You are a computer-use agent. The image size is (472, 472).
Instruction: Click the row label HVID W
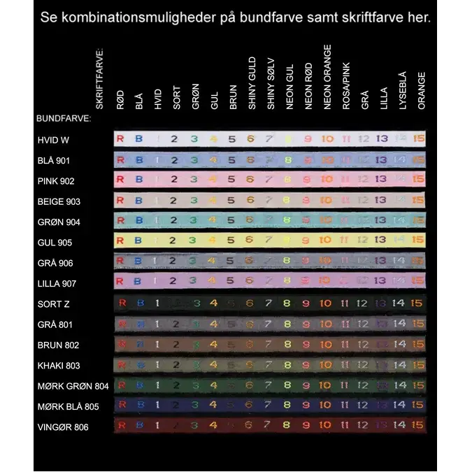53,140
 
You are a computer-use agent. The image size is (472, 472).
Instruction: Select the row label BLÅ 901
54,161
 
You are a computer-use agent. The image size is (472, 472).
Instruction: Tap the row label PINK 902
56,181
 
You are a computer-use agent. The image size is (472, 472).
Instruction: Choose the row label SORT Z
53,304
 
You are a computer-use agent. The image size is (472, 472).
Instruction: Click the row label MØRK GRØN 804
73,386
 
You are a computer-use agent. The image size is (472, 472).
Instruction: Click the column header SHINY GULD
252,83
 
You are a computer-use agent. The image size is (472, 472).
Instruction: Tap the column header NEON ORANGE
327,77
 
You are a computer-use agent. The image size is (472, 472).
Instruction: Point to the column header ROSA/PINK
346,87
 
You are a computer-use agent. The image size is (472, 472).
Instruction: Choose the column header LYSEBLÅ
402,90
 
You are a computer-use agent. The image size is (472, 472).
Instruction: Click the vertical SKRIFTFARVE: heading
99,78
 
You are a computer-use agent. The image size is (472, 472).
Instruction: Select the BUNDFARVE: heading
64,119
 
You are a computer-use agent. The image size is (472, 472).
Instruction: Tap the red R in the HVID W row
120,139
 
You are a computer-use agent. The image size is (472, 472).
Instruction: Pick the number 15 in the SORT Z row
417,303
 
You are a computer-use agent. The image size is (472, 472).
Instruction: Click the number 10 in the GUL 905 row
327,242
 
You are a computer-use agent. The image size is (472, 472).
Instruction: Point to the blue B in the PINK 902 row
138,180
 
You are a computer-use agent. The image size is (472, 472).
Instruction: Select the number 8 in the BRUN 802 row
287,345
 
